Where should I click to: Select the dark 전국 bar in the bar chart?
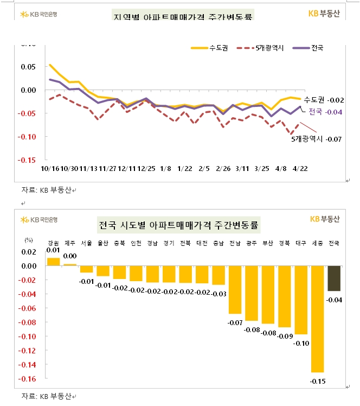point(334,278)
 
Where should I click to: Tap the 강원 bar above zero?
point(53,262)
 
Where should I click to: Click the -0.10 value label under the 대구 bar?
point(301,344)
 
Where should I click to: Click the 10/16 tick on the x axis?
point(50,169)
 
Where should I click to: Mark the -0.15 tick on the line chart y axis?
point(28,160)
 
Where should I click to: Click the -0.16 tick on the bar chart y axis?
point(28,379)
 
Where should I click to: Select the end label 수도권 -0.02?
point(324,100)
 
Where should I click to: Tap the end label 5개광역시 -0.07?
point(316,139)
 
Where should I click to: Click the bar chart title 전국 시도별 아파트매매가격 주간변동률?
point(179,224)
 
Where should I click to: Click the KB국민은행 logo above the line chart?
point(38,14)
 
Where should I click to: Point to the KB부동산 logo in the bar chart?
point(324,219)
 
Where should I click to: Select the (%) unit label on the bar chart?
point(29,239)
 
